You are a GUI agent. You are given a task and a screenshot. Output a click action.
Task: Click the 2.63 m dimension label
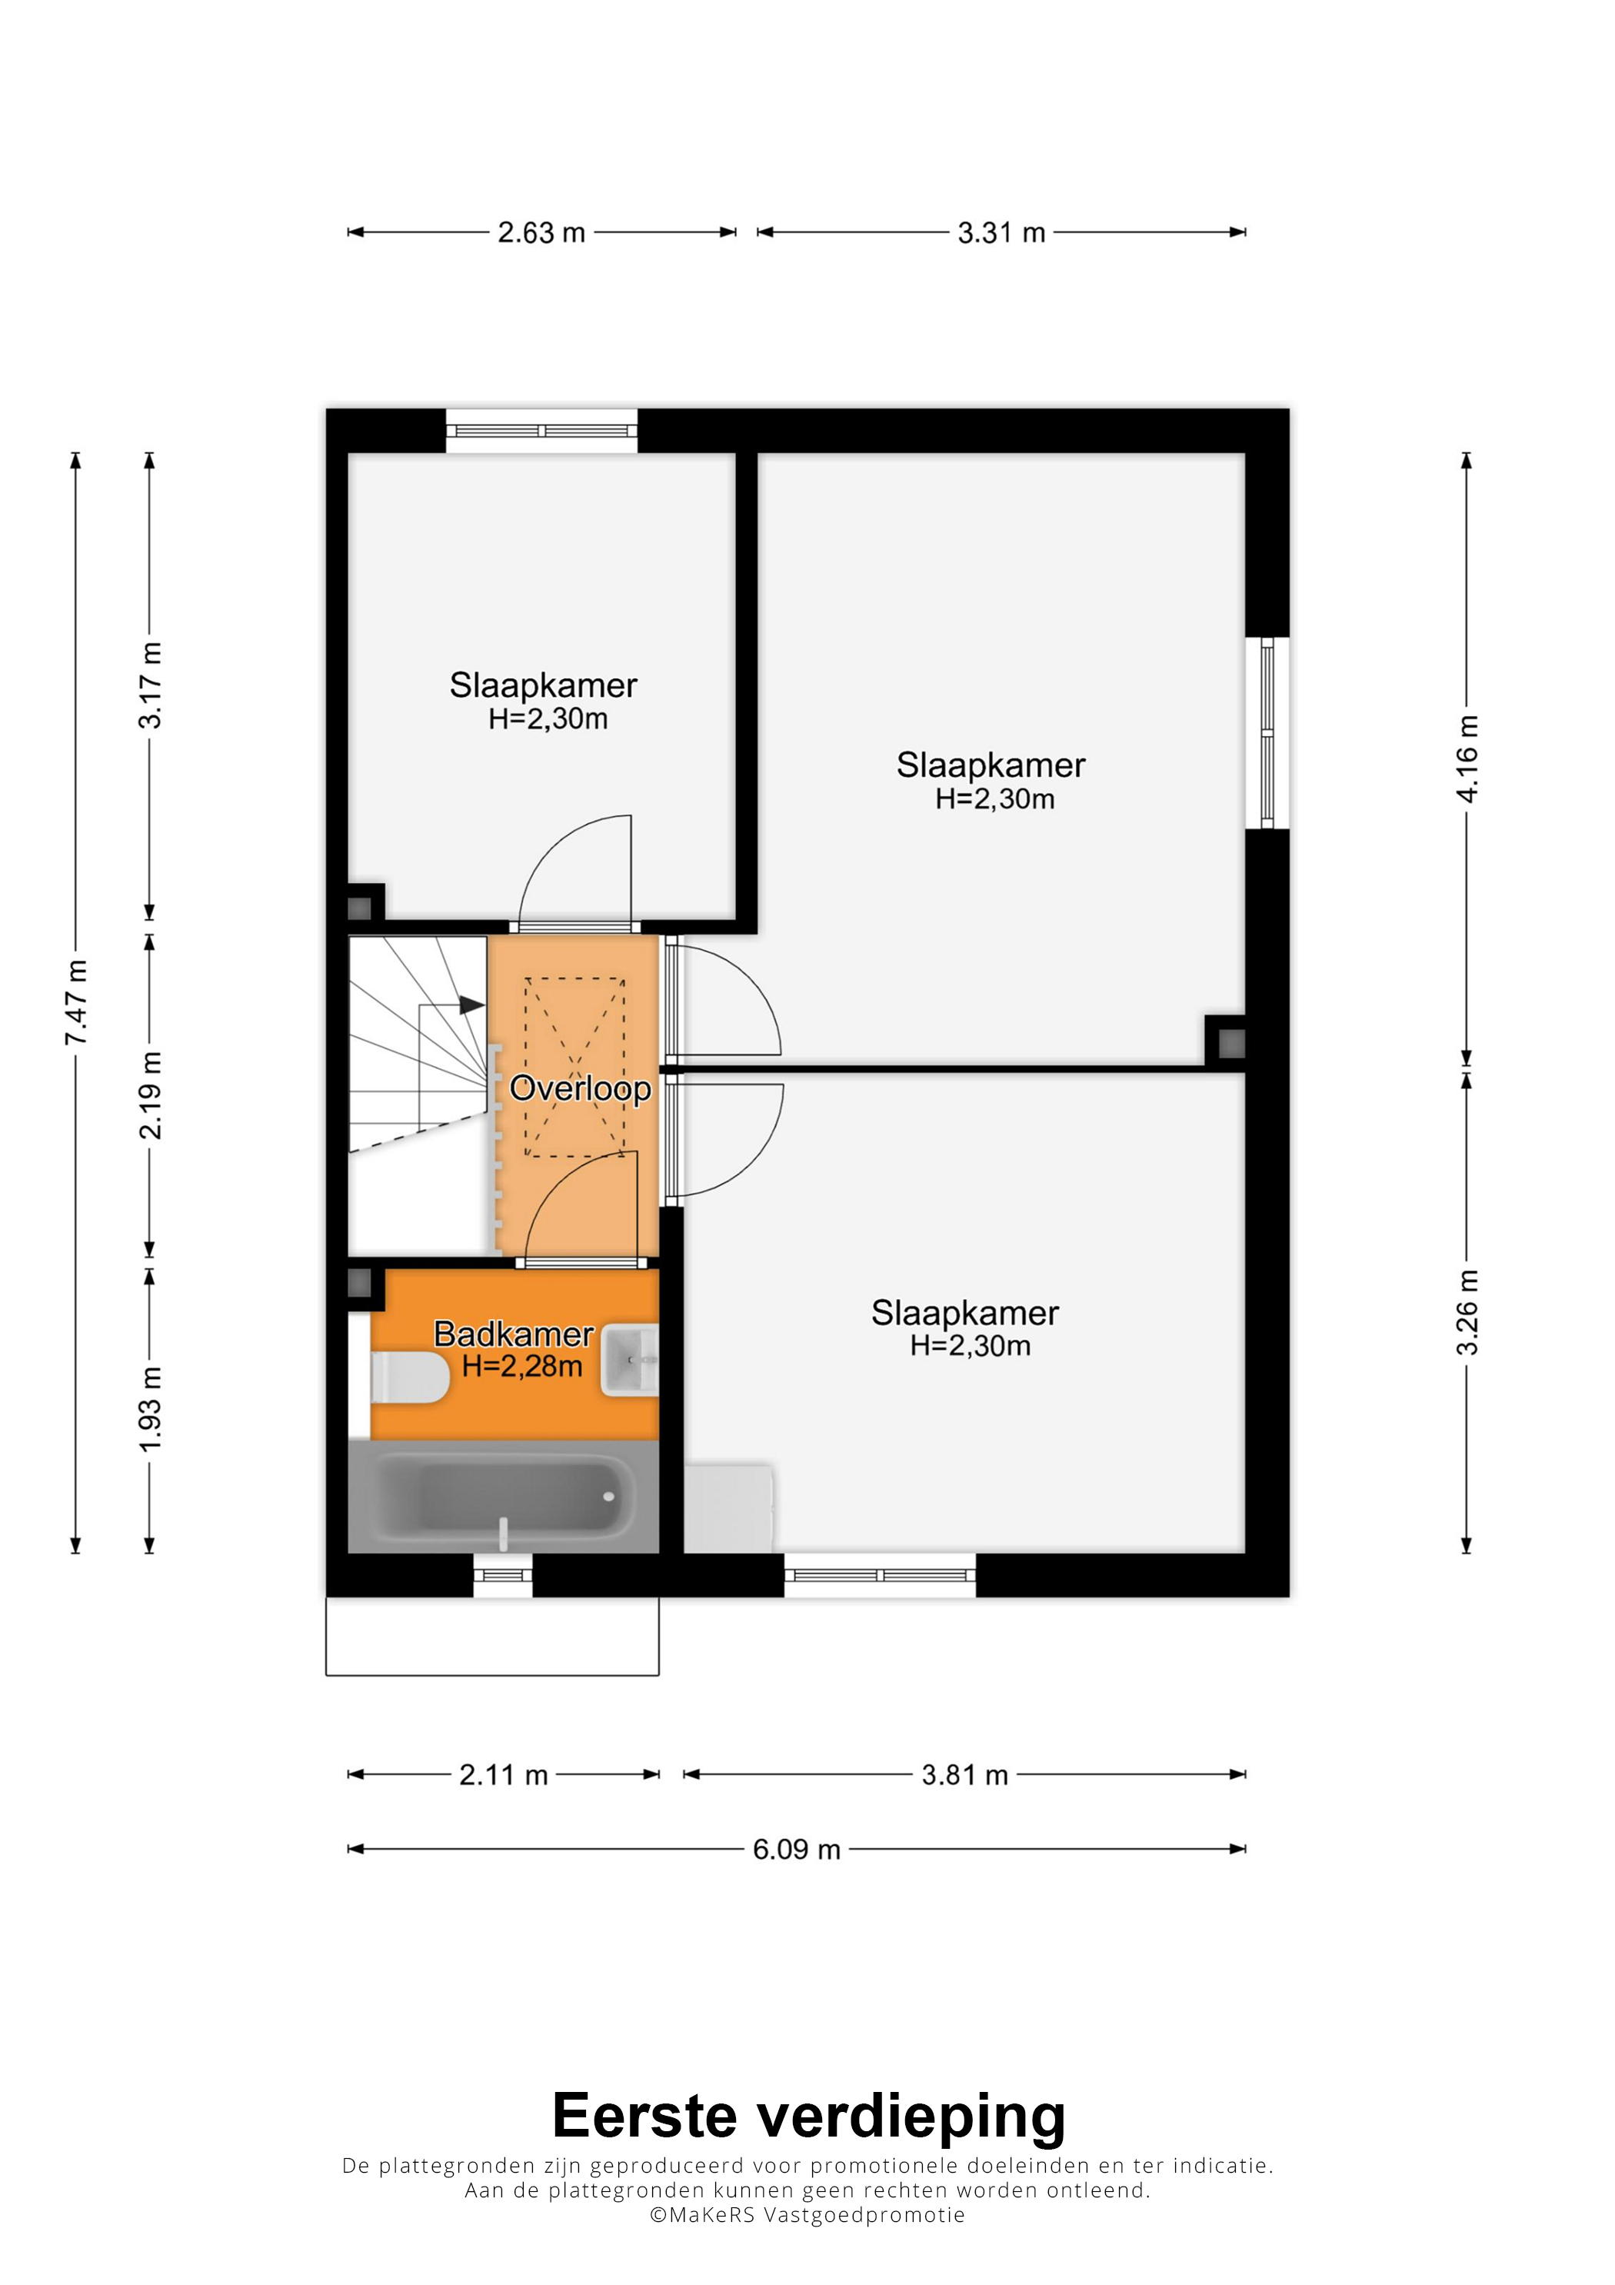(541, 233)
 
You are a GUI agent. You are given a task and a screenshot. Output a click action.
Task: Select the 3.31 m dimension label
(1001, 233)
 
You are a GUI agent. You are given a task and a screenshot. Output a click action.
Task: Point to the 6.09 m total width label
(796, 1849)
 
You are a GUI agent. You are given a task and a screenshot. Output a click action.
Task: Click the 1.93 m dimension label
(150, 1409)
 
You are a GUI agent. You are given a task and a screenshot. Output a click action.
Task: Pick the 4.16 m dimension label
(1468, 758)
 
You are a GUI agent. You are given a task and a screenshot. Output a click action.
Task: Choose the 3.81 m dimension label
(964, 1774)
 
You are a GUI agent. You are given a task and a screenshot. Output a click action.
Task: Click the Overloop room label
(580, 1088)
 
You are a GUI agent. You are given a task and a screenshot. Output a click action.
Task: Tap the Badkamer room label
(514, 1334)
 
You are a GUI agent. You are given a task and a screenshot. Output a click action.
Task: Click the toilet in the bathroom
(409, 1377)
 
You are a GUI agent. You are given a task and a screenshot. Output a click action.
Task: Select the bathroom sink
(630, 1361)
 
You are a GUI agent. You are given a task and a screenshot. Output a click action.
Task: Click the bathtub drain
(609, 1496)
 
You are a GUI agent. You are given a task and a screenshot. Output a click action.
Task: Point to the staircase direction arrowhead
(471, 1005)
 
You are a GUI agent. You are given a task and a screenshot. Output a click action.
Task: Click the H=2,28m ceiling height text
(522, 1367)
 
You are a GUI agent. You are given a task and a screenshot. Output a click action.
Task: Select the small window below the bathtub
(502, 1575)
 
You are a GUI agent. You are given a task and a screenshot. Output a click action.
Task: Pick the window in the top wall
(541, 431)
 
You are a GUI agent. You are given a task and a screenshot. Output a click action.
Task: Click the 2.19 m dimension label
(150, 1094)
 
